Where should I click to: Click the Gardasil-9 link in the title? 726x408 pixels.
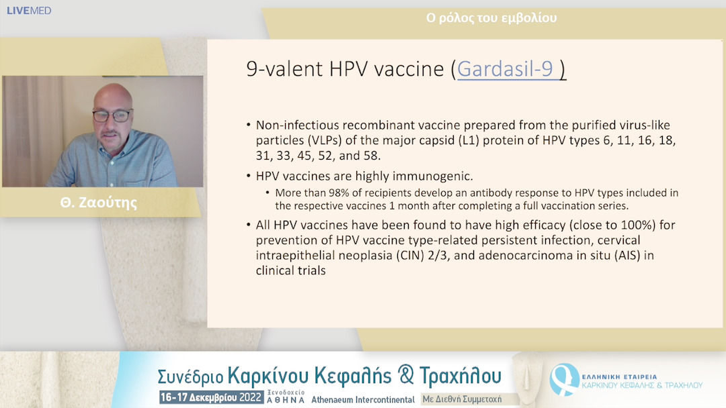(x=505, y=69)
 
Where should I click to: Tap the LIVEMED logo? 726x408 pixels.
(x=29, y=11)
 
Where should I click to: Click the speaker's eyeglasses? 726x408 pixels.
(x=112, y=115)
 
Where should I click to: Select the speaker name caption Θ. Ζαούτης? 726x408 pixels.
(x=99, y=203)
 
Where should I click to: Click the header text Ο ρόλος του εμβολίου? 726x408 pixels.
(x=491, y=18)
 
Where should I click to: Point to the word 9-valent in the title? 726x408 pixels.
(x=284, y=69)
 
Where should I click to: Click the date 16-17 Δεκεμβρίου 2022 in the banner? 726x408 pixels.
(x=211, y=397)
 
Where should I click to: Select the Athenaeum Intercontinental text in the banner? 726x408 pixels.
(x=363, y=400)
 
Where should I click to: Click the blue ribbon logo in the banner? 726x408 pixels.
(x=563, y=379)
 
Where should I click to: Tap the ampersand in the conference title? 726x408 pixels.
(x=405, y=374)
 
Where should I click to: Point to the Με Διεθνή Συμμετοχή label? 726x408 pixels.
(x=462, y=399)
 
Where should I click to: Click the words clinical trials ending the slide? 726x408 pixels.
(x=291, y=270)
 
